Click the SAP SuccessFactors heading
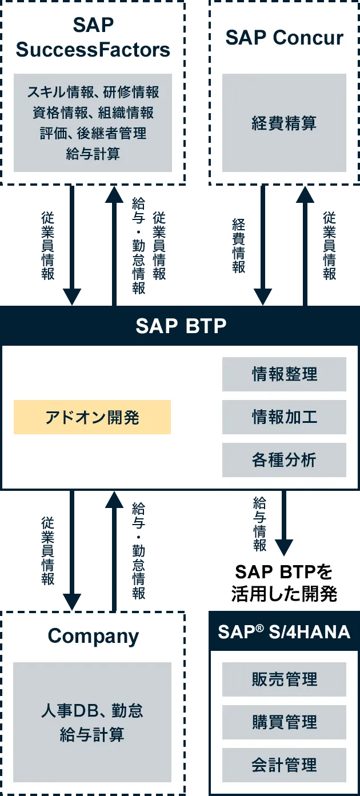(93, 37)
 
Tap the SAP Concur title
(285, 37)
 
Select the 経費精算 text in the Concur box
(284, 123)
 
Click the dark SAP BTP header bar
(180, 326)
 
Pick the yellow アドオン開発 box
(92, 417)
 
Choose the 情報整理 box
(284, 374)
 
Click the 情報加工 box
(284, 417)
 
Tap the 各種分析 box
(284, 459)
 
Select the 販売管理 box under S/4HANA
(284, 679)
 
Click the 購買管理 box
(284, 722)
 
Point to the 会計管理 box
(284, 765)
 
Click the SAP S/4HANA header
(284, 631)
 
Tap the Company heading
(93, 637)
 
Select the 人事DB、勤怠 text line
(92, 710)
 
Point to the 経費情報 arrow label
(239, 246)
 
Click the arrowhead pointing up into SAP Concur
(305, 194)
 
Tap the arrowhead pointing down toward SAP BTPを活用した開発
(284, 547)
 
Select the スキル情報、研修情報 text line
(93, 92)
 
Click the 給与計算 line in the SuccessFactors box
(93, 154)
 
